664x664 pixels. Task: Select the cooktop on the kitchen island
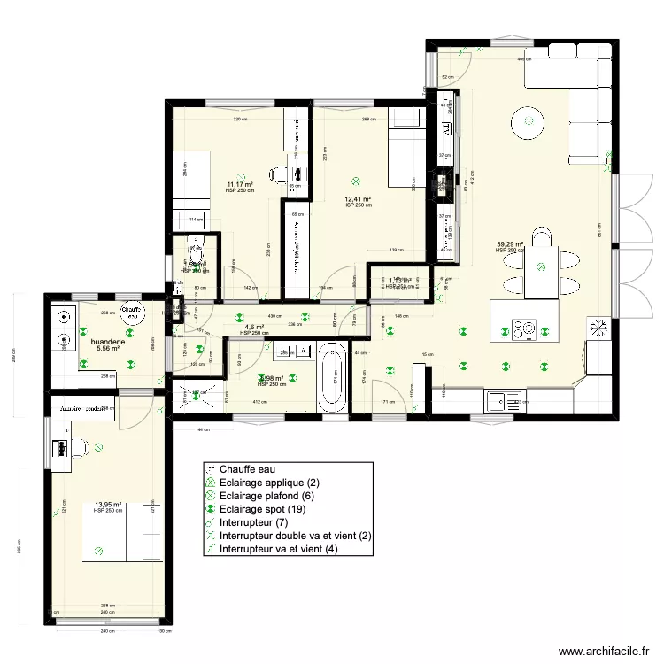point(522,328)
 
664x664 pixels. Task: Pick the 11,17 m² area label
point(240,185)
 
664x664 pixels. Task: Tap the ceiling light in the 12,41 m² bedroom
point(356,177)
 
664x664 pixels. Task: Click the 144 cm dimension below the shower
point(205,429)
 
